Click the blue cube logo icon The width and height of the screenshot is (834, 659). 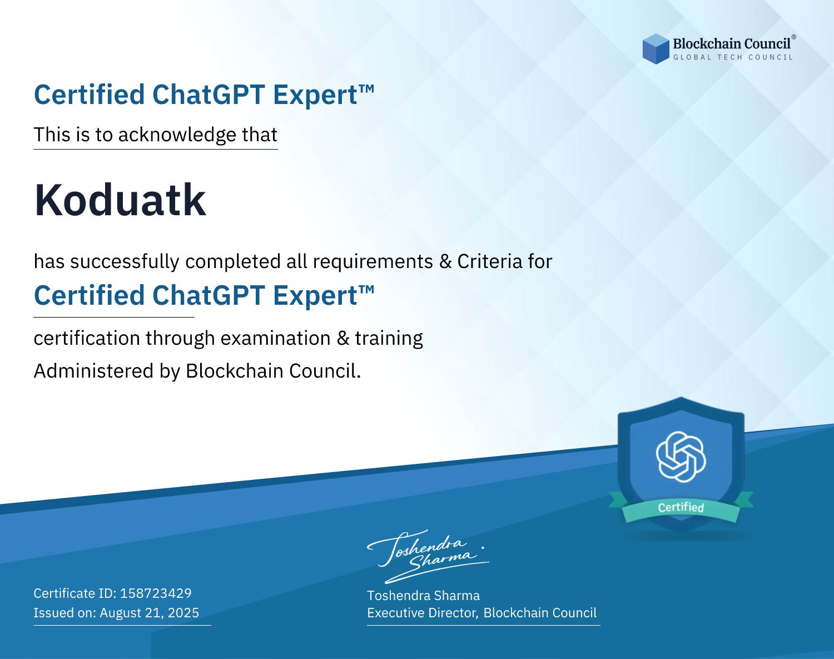(656, 49)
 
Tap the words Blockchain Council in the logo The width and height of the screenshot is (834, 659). (732, 44)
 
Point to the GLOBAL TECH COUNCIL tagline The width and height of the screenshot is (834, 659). (733, 57)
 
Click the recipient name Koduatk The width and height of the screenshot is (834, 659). (120, 200)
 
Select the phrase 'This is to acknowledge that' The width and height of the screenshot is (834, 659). (156, 135)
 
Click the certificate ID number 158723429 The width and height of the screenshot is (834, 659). (156, 593)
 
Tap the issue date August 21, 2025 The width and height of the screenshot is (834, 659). (149, 613)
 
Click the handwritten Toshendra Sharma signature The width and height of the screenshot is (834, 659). (428, 556)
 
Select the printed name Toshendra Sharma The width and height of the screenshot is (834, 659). (423, 596)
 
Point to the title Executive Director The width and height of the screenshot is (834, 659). (423, 613)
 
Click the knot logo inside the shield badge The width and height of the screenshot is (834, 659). (681, 457)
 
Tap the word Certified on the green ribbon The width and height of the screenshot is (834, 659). (681, 507)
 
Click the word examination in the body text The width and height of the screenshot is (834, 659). (276, 338)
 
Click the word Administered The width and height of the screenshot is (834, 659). (93, 370)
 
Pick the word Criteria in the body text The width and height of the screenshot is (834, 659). (490, 261)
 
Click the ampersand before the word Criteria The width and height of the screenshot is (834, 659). (445, 262)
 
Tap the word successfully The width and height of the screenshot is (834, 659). (125, 262)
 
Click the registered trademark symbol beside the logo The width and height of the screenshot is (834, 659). (793, 37)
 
